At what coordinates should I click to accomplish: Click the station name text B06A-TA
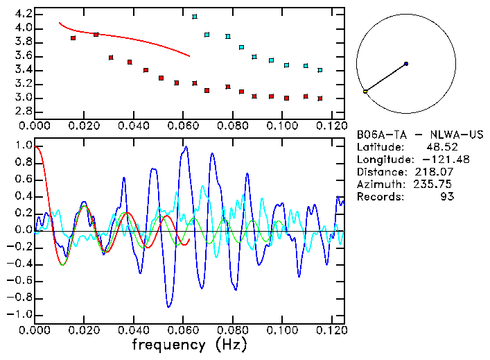click(378, 135)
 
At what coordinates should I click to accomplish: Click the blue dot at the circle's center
click(406, 64)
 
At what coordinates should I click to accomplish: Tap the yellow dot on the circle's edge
click(365, 92)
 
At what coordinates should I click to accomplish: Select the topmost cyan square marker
click(195, 16)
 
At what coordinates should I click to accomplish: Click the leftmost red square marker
click(73, 38)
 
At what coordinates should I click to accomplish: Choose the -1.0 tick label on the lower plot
click(20, 314)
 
